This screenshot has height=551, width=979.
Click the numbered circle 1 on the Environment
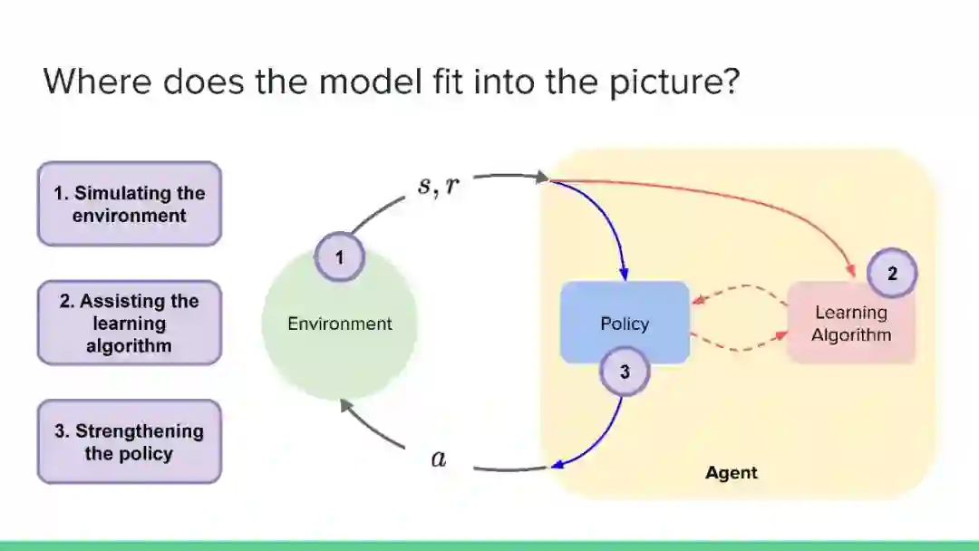[x=339, y=257]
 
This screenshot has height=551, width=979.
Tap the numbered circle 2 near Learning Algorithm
[x=891, y=274]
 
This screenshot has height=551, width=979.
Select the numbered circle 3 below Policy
[x=625, y=371]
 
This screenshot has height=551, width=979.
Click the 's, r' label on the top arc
[x=438, y=187]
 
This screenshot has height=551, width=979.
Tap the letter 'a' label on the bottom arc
[x=439, y=459]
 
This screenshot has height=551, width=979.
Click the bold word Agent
[x=731, y=473]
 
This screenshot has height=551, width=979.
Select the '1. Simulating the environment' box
[x=129, y=204]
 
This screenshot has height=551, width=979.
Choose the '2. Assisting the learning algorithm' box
[x=129, y=323]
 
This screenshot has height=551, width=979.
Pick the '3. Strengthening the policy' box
[x=129, y=441]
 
